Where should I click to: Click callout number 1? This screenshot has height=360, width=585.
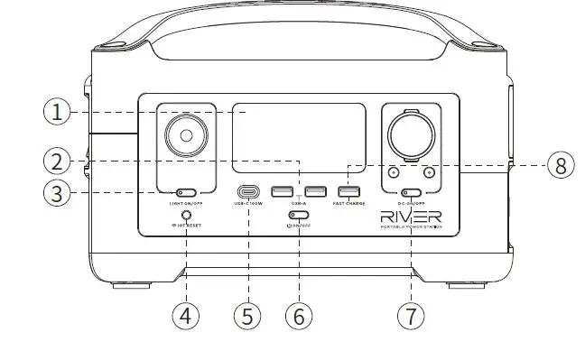(x=57, y=113)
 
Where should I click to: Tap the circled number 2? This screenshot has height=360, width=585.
(x=57, y=162)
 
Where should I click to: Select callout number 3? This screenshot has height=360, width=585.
(x=57, y=193)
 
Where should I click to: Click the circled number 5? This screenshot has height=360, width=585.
(x=246, y=317)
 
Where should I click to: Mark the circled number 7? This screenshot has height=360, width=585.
(x=412, y=317)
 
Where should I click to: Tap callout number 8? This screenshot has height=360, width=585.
(x=560, y=165)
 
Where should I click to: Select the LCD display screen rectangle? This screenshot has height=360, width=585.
(x=298, y=136)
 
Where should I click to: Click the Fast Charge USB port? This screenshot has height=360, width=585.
(x=348, y=191)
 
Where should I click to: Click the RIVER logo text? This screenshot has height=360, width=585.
(x=412, y=217)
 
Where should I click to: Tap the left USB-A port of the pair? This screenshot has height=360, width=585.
(x=281, y=191)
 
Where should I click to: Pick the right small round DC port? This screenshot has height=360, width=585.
(x=430, y=172)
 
